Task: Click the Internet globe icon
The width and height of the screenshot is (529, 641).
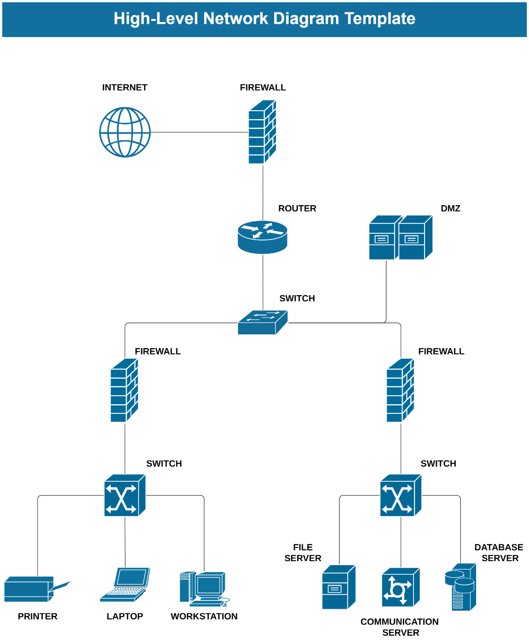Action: (x=125, y=132)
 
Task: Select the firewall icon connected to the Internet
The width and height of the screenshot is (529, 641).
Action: (x=262, y=132)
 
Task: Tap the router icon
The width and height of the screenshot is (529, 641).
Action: (x=262, y=237)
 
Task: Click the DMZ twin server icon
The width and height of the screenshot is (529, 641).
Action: (x=400, y=237)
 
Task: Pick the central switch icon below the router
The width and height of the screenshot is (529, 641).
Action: (x=262, y=322)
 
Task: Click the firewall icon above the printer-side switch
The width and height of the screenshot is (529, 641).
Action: (x=124, y=390)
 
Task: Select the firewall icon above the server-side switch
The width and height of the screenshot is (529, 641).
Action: (x=400, y=390)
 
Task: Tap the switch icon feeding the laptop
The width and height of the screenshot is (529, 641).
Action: (x=125, y=495)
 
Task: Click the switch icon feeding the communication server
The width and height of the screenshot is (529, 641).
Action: (x=401, y=495)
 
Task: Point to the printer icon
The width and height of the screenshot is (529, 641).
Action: (x=35, y=589)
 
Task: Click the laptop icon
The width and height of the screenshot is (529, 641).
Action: (x=125, y=585)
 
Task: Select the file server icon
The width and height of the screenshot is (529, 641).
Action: (x=339, y=587)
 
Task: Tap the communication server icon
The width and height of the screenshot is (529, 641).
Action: (x=401, y=587)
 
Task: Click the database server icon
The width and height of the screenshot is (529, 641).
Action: (x=461, y=587)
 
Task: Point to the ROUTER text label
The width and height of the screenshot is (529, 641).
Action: (x=297, y=208)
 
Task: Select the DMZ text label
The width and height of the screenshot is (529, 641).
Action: (x=450, y=208)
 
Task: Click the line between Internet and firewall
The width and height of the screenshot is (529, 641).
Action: (x=198, y=132)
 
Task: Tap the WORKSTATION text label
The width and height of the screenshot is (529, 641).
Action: (x=204, y=616)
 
